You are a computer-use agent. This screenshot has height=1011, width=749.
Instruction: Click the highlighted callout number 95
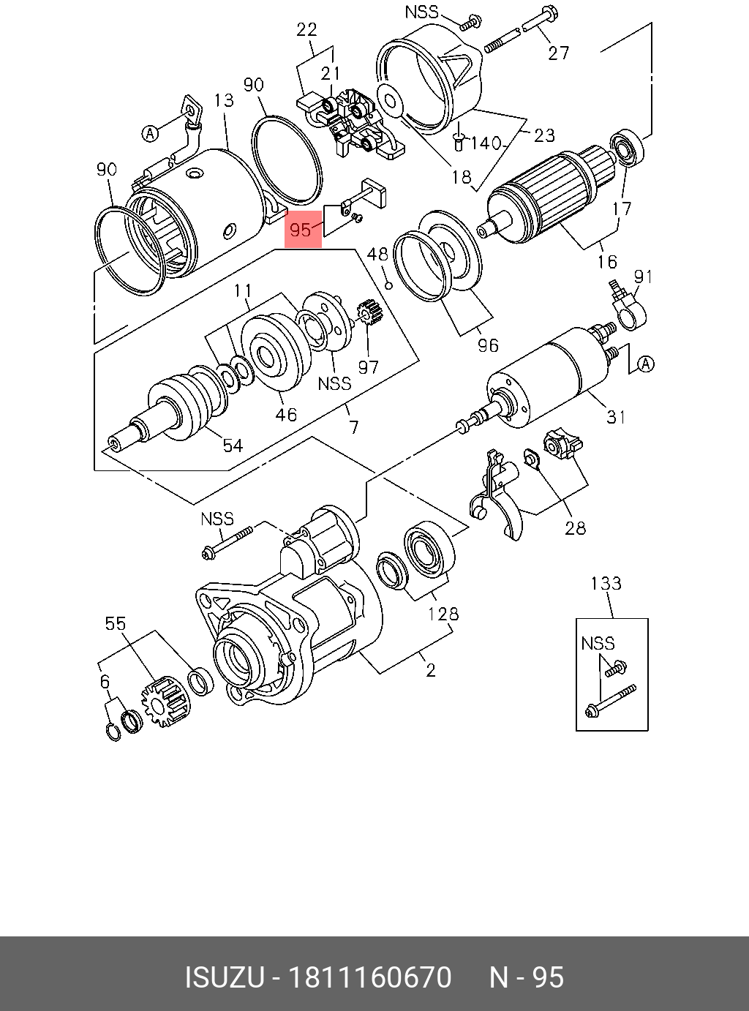tap(301, 230)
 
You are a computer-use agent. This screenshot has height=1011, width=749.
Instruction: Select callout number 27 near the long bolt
tap(558, 53)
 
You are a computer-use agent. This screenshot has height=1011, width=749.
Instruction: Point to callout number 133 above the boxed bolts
tap(606, 583)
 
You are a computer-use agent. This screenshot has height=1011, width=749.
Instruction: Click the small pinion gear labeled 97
tap(369, 313)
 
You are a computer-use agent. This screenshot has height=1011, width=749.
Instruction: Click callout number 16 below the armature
tap(607, 262)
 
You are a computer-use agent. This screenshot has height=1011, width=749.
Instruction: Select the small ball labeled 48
tap(389, 286)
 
